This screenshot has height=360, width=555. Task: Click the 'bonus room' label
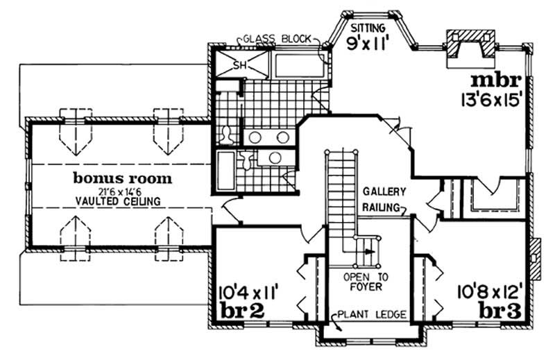[x=122, y=178]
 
